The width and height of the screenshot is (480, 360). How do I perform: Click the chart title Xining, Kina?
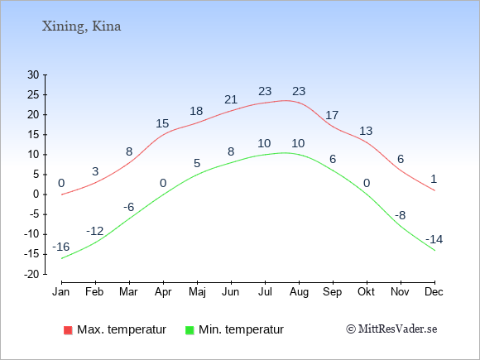point(81,26)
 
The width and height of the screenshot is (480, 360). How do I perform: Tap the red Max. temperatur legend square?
point(68,330)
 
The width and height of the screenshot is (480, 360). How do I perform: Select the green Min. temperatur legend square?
point(190,330)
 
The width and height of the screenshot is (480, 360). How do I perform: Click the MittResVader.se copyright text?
point(391,329)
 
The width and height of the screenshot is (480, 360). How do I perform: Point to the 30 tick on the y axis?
point(33,74)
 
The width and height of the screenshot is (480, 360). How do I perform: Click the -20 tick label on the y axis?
point(31,274)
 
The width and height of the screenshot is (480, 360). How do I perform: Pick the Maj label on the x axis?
point(197,292)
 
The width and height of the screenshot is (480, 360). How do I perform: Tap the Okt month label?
point(366,292)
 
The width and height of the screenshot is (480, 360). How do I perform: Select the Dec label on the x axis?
point(434,292)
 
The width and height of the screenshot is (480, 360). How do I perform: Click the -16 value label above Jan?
point(61,247)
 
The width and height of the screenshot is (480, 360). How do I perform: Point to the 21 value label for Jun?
point(231,99)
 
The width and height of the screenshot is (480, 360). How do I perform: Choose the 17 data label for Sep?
point(332,115)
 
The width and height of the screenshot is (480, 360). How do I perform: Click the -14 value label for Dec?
point(434,239)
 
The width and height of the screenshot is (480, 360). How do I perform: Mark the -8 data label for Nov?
point(400,215)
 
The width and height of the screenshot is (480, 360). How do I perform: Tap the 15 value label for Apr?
point(162,123)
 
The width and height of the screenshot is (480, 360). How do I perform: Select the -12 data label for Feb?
point(95,231)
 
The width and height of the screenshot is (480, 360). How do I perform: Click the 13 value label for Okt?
point(366,131)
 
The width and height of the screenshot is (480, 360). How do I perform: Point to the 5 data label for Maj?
point(197,163)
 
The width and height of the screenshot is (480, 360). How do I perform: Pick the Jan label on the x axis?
point(61,292)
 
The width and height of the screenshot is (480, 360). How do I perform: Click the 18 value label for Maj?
point(196,111)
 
